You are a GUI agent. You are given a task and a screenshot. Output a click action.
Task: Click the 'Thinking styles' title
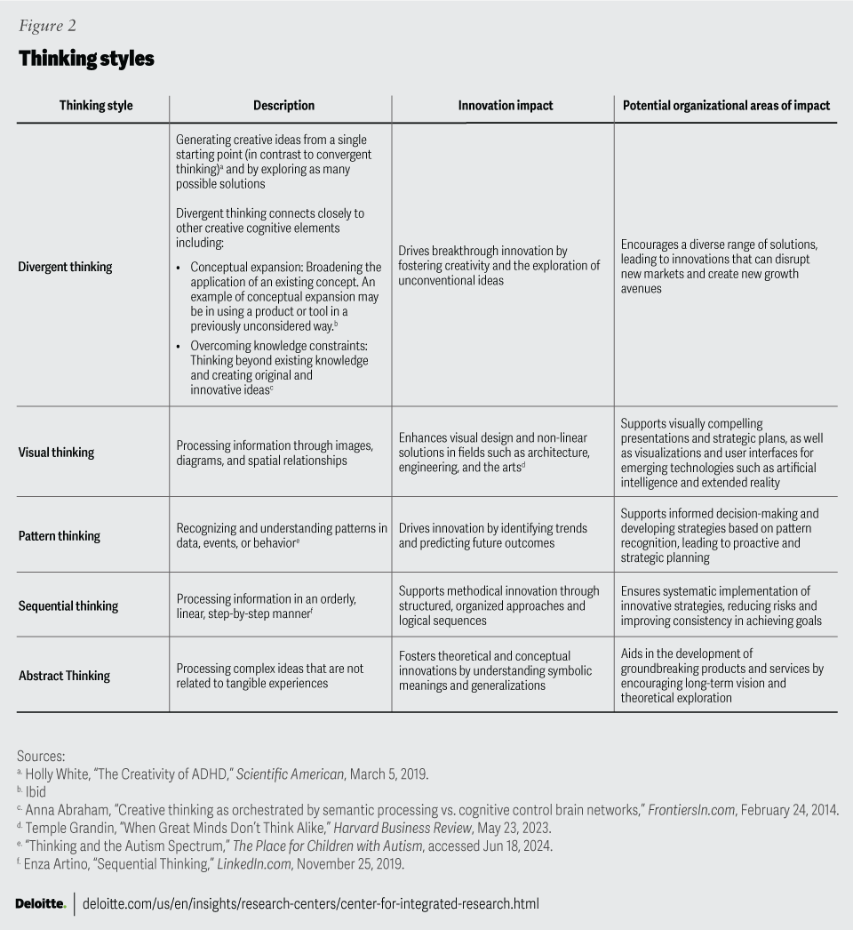[x=86, y=59]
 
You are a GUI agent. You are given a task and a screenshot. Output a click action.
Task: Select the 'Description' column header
[x=283, y=105]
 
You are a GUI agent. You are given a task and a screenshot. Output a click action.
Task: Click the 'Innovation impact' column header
[x=505, y=105]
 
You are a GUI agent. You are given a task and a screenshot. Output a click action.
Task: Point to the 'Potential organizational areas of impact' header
[x=726, y=105]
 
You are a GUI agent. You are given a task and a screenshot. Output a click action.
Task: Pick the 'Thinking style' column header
[x=96, y=105]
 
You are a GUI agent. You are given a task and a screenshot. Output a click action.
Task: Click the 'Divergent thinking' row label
[x=65, y=267]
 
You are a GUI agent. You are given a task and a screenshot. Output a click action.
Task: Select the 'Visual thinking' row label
[x=56, y=452]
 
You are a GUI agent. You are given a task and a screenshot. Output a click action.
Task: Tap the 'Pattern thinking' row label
[x=59, y=535]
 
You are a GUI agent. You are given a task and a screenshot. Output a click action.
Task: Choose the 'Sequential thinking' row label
[x=68, y=605]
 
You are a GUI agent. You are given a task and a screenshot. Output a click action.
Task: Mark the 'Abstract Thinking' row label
[x=64, y=676]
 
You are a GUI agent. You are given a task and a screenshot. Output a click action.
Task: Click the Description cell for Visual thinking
[x=275, y=453]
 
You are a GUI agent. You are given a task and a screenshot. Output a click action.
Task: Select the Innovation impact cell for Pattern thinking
[x=492, y=535]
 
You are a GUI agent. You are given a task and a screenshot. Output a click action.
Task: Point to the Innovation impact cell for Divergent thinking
[x=498, y=266]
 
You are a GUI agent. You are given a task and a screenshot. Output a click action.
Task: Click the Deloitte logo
[x=40, y=904]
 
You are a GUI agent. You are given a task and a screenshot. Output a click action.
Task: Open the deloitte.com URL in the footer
[x=311, y=904]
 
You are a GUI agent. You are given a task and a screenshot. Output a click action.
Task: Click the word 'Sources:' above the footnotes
[x=40, y=755]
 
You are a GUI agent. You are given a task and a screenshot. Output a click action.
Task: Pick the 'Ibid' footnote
[x=35, y=791]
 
